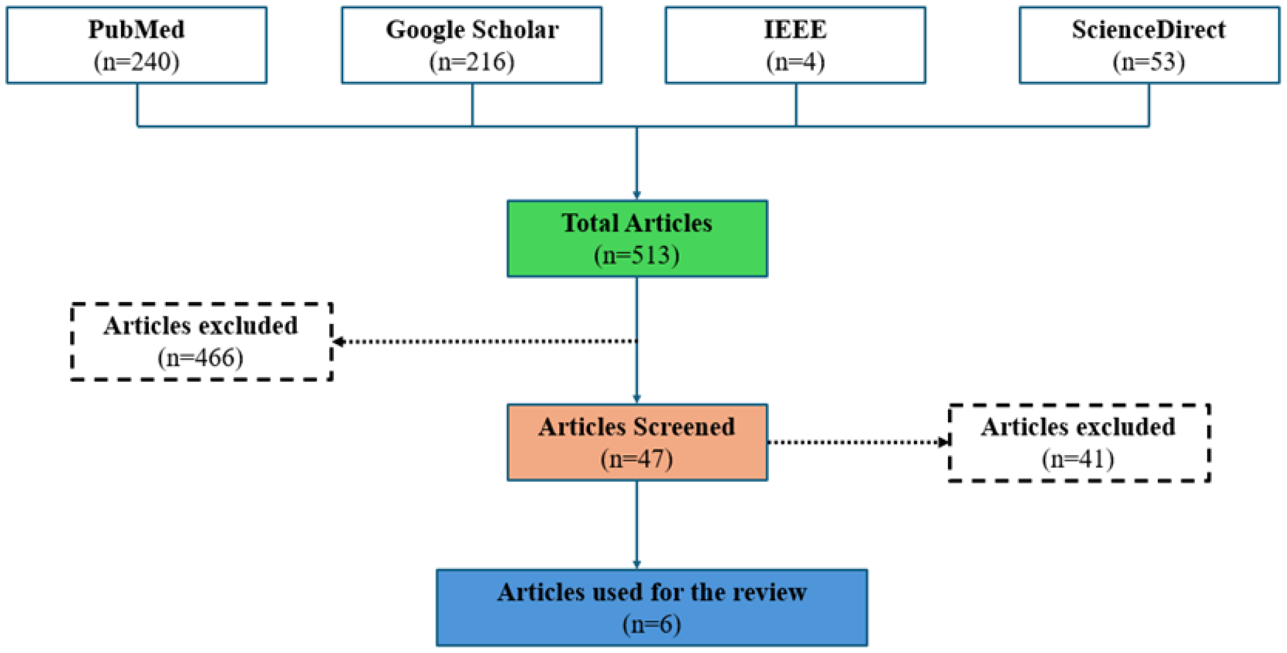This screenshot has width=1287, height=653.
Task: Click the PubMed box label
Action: click(x=136, y=30)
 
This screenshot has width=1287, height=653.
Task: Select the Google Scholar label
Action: click(x=472, y=30)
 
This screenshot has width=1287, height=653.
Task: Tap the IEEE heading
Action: click(x=795, y=30)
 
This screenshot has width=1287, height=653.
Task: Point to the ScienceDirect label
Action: click(x=1148, y=30)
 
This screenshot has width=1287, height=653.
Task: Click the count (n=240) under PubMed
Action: click(x=136, y=62)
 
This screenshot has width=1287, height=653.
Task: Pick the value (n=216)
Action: click(x=472, y=62)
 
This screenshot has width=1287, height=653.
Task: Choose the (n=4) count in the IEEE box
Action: click(x=795, y=62)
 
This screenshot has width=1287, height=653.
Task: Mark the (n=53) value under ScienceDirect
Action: click(x=1148, y=62)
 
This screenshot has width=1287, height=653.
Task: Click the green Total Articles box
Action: click(x=637, y=239)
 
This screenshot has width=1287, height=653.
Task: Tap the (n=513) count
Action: click(x=637, y=255)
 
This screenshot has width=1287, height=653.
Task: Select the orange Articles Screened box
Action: click(x=637, y=442)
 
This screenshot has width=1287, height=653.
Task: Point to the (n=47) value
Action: click(x=637, y=459)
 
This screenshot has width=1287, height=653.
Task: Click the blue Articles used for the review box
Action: click(x=652, y=608)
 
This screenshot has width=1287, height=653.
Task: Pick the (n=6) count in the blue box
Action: click(x=652, y=625)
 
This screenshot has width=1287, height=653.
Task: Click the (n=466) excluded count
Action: click(x=200, y=358)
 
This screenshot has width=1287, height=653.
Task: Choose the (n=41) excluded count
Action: click(x=1078, y=459)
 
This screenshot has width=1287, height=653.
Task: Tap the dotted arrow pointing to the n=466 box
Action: click(x=485, y=342)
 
